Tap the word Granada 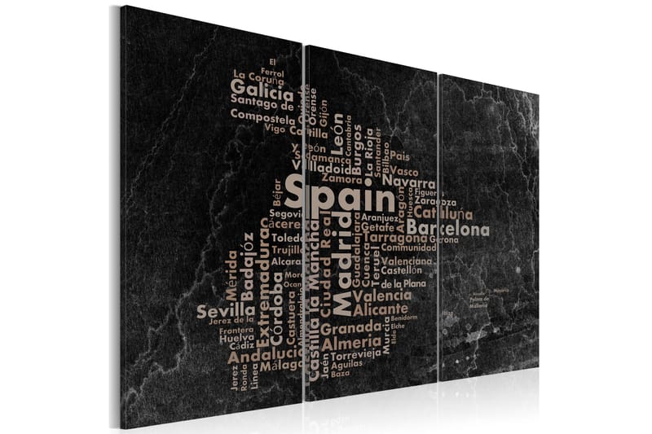coord(351,328)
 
